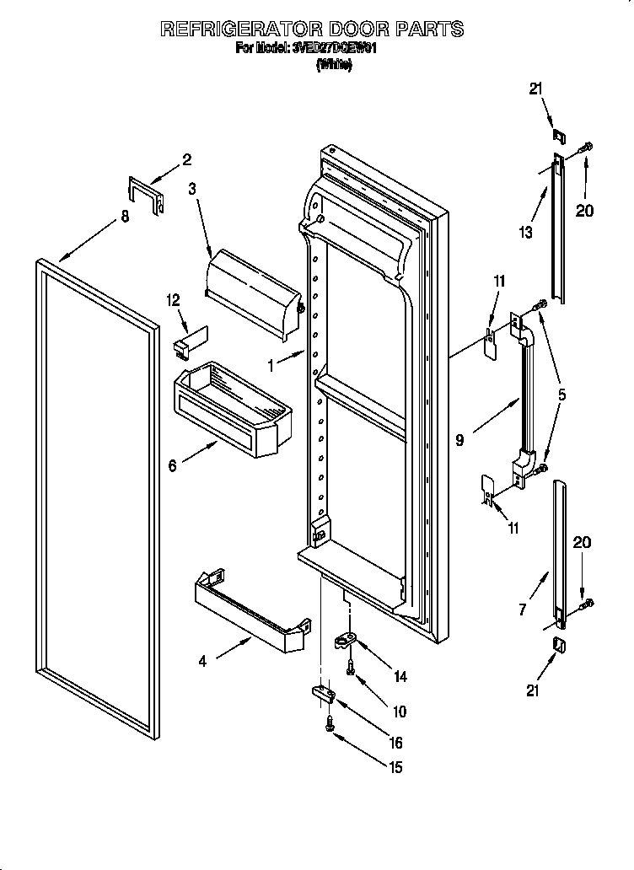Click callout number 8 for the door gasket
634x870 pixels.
pos(125,217)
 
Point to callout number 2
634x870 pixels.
pos(186,158)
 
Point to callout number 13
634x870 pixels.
pos(526,233)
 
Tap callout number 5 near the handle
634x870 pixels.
pos(561,393)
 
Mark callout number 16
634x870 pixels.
pos(395,743)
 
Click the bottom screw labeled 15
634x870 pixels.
pos(330,722)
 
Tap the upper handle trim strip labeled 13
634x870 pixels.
pos(558,228)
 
